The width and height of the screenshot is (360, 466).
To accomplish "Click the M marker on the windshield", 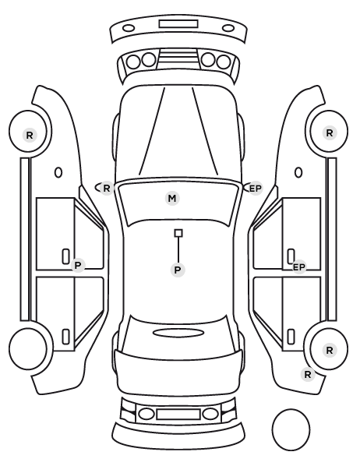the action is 172,198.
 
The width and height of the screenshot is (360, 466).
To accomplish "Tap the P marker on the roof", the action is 178,270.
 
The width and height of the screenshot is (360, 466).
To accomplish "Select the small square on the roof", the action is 178,233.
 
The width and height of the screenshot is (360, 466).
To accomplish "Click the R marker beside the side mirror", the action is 107,188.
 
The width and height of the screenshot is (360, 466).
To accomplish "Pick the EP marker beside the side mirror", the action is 255,189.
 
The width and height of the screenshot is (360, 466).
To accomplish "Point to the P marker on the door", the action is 78,266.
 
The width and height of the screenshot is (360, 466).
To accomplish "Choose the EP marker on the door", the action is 298,267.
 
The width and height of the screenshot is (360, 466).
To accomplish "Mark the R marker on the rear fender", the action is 308,374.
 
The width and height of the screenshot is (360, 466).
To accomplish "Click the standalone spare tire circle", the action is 291,429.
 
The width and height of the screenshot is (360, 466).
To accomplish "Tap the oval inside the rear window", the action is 178,333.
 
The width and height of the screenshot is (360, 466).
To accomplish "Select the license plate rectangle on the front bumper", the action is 178,24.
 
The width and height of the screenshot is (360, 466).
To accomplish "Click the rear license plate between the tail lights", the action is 178,415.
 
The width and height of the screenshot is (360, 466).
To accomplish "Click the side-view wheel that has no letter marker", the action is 28,348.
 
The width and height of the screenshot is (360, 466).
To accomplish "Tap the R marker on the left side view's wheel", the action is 30,136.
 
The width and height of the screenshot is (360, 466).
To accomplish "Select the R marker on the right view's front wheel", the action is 330,133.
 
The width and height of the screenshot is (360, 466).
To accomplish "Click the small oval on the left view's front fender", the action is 58,172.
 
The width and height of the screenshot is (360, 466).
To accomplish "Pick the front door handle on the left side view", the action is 65,256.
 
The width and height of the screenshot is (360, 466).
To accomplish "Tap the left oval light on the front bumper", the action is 129,28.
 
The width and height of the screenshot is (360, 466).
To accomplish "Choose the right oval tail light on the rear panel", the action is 210,414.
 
